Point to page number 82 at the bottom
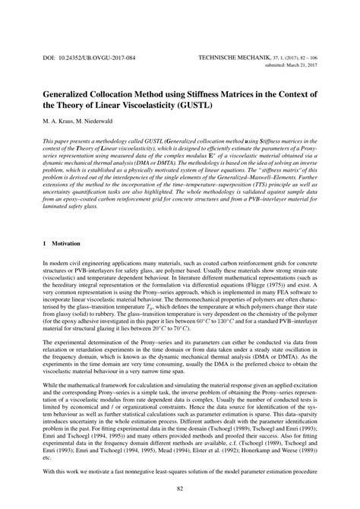point(180,487)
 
